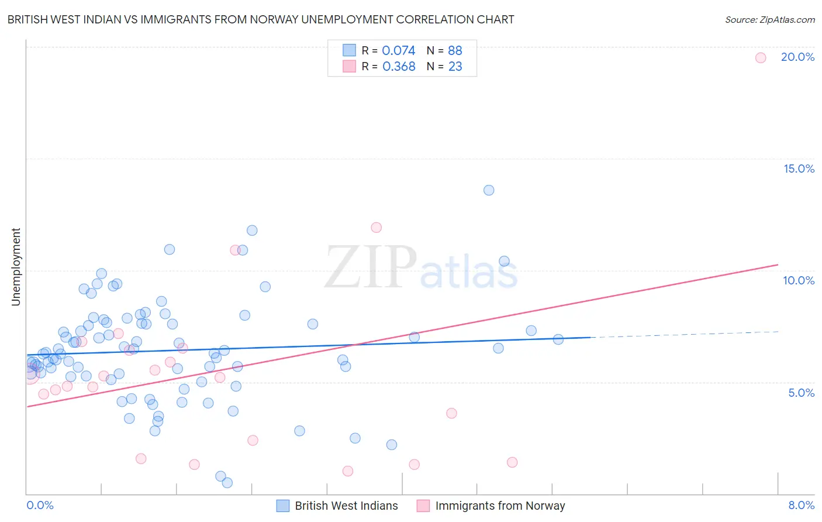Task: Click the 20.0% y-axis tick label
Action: coord(797,57)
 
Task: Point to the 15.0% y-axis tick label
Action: coord(799,169)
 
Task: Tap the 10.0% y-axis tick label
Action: coord(799,280)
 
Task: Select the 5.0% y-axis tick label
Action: coord(801,393)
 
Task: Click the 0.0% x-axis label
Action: coord(40,505)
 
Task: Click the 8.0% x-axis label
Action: coord(801,505)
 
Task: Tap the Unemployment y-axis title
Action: coord(16,267)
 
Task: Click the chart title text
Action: coord(261,19)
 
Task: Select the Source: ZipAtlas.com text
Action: coord(769,19)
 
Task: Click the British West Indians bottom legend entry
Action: coord(346,506)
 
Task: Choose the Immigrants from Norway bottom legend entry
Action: coord(500,506)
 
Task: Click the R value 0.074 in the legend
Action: coord(398,50)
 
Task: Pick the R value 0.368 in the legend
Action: coord(399,67)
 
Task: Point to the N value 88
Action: coord(455,50)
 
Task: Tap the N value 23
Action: coord(455,67)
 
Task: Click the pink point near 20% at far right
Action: coord(760,57)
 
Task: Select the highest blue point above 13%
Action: coord(489,190)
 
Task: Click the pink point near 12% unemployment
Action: coord(376,228)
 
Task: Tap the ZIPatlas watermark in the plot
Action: coord(421,268)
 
